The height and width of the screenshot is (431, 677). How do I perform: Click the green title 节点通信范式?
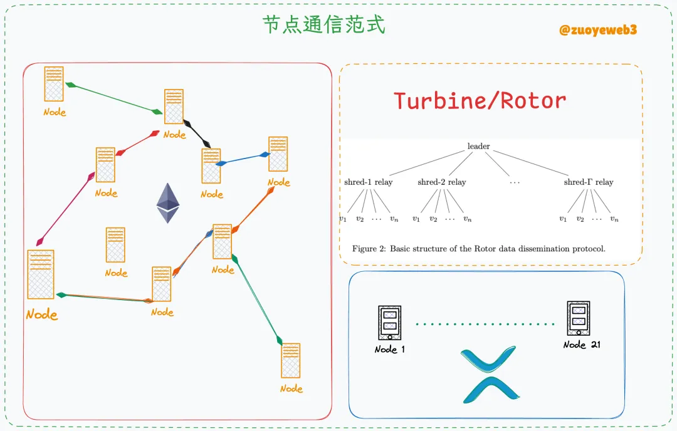[x=323, y=24]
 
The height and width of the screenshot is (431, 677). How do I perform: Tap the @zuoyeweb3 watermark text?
[x=598, y=29]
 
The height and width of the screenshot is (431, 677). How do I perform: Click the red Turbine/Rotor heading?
[x=480, y=100]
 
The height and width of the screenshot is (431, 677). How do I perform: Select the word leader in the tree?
[x=478, y=147]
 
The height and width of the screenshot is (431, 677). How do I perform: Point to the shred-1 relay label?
[x=368, y=182]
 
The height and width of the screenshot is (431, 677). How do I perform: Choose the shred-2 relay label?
[x=441, y=182]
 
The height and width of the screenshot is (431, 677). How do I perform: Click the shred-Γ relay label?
[x=588, y=182]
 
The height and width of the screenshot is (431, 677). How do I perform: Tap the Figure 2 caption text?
[x=478, y=248]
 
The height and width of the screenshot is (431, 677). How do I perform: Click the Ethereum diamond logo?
[x=167, y=203]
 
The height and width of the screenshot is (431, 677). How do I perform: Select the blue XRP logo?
[x=490, y=373]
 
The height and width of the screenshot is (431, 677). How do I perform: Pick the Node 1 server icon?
[x=389, y=323]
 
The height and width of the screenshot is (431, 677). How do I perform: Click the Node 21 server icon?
[x=578, y=318]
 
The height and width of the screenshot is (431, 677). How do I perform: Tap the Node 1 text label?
[x=389, y=349]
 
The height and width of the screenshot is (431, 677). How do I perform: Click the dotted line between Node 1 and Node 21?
[x=485, y=324]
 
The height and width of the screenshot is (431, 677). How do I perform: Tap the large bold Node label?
[x=41, y=314]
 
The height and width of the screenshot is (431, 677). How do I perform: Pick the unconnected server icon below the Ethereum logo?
[x=115, y=244]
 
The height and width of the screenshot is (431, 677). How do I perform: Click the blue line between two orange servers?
[x=243, y=158]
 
